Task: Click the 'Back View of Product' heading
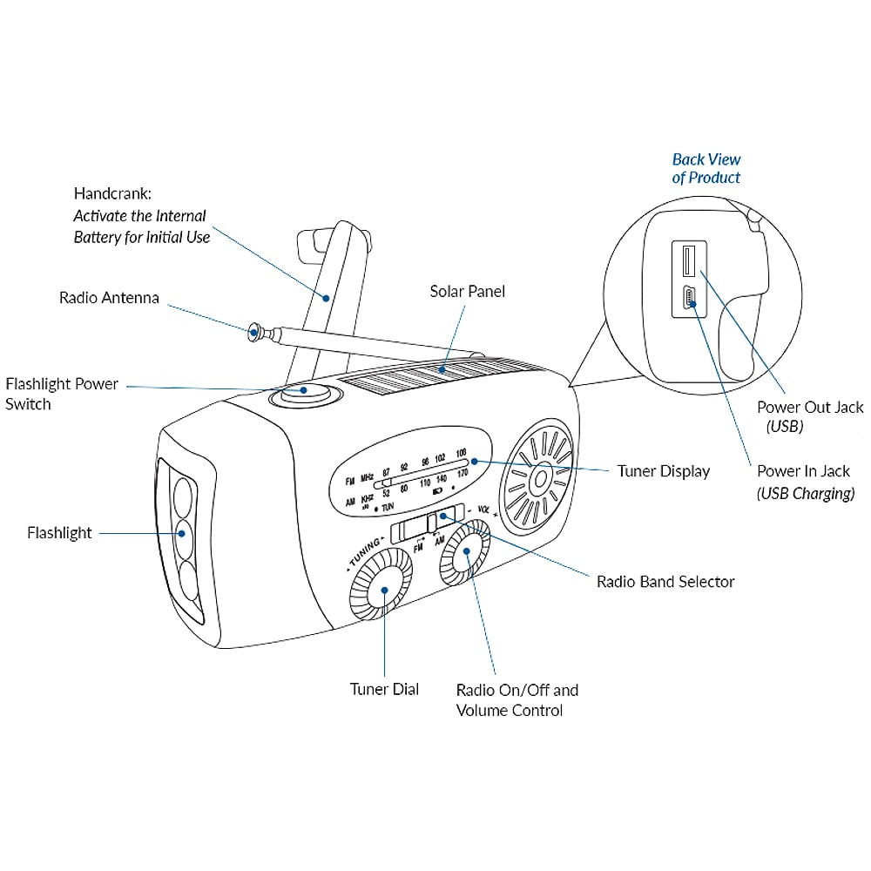pyautogui.click(x=706, y=168)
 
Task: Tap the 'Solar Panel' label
pyautogui.click(x=468, y=291)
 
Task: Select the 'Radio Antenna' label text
pyautogui.click(x=109, y=298)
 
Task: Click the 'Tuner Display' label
pyautogui.click(x=664, y=471)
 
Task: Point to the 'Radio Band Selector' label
pyautogui.click(x=665, y=581)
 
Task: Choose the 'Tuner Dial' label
pyautogui.click(x=384, y=689)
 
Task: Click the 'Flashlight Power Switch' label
pyautogui.click(x=61, y=394)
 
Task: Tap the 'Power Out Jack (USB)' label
pyautogui.click(x=810, y=416)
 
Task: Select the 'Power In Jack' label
pyautogui.click(x=803, y=472)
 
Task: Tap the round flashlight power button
pyautogui.click(x=301, y=395)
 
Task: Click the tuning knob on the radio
pyautogui.click(x=381, y=590)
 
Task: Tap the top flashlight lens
pyautogui.click(x=183, y=495)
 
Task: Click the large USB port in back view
pyautogui.click(x=686, y=263)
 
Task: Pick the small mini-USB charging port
pyautogui.click(x=688, y=300)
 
